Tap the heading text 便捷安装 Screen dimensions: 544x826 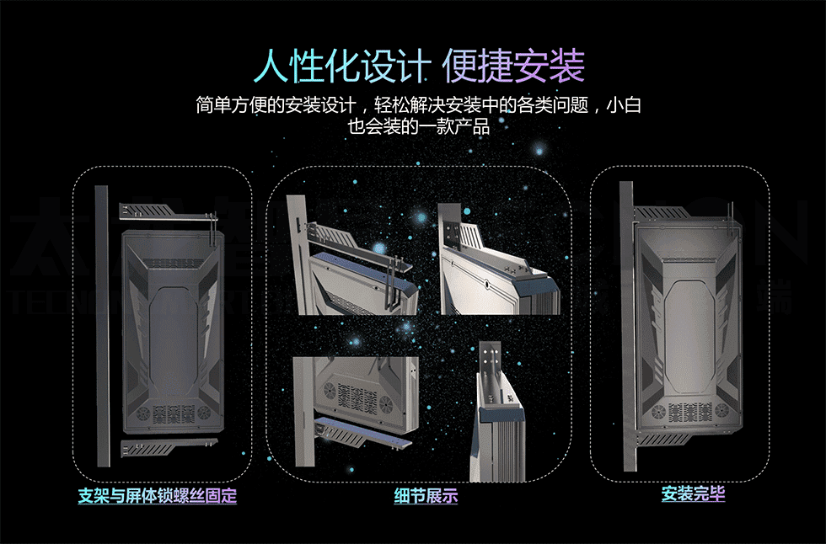point(512,66)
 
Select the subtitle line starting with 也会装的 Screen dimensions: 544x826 point(418,128)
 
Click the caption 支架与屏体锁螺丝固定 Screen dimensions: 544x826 point(157,495)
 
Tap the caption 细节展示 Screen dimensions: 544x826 point(426,495)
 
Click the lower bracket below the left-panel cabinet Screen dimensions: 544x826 point(169,446)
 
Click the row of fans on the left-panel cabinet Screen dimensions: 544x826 point(173,414)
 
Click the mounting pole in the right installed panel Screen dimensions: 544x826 point(626,328)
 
